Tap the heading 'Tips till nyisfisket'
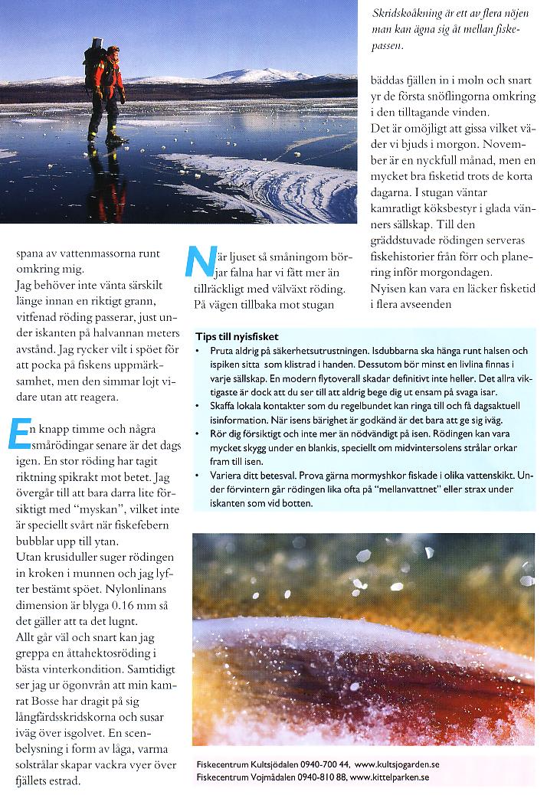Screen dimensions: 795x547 pos(237,336)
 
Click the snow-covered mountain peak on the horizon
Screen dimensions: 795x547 pos(253,74)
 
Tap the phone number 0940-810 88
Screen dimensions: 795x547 pos(318,777)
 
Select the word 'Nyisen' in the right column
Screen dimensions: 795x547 pos(388,292)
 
